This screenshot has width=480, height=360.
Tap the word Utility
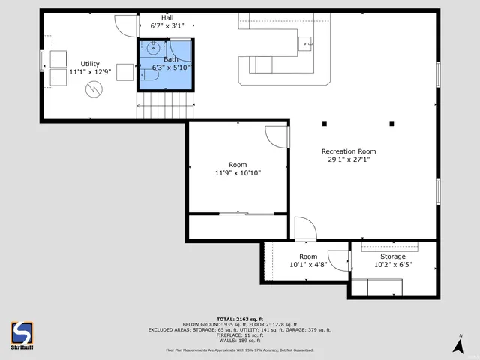90,64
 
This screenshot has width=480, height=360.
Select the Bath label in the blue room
172,58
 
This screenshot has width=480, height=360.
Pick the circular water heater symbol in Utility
94,90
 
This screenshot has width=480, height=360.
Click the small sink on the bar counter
307,44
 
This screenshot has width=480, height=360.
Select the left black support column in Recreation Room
325,124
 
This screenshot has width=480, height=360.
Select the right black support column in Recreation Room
391,124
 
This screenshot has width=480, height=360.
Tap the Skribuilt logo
22,332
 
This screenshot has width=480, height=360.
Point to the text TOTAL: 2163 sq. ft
240,319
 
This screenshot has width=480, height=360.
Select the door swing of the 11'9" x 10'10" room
276,136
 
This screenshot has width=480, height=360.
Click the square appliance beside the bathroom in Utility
124,73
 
